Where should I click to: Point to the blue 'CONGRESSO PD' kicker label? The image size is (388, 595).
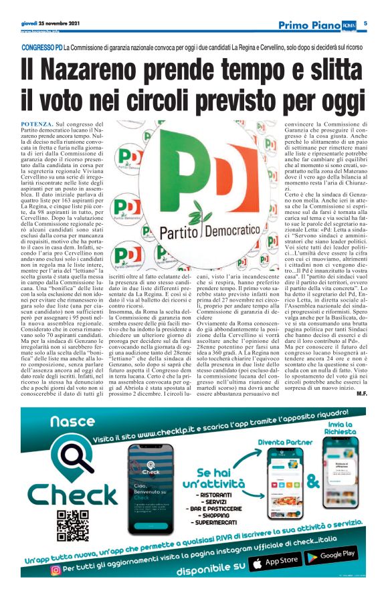coord(41,49)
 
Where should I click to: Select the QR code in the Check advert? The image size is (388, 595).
coord(72,524)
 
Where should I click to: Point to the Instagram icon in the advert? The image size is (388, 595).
coord(56,570)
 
